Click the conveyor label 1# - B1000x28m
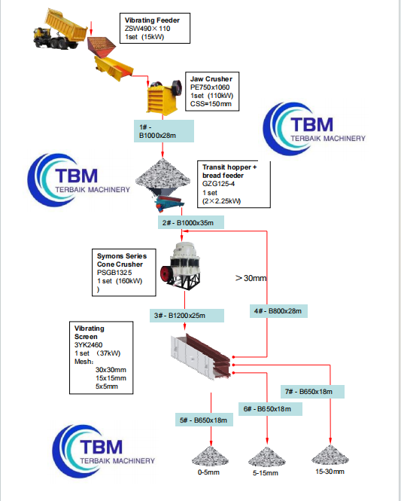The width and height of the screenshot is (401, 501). click(x=165, y=131)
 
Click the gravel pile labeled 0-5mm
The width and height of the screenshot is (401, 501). click(x=208, y=457)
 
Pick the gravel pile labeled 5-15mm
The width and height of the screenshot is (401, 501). click(x=267, y=457)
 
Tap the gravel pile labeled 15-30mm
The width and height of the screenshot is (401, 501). click(x=330, y=455)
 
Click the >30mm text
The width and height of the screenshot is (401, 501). click(x=251, y=278)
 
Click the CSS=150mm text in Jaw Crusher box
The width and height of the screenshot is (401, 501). click(x=214, y=104)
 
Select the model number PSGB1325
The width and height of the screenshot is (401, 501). click(x=113, y=273)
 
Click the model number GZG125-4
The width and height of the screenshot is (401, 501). click(x=217, y=183)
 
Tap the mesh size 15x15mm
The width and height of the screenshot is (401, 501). click(x=111, y=377)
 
